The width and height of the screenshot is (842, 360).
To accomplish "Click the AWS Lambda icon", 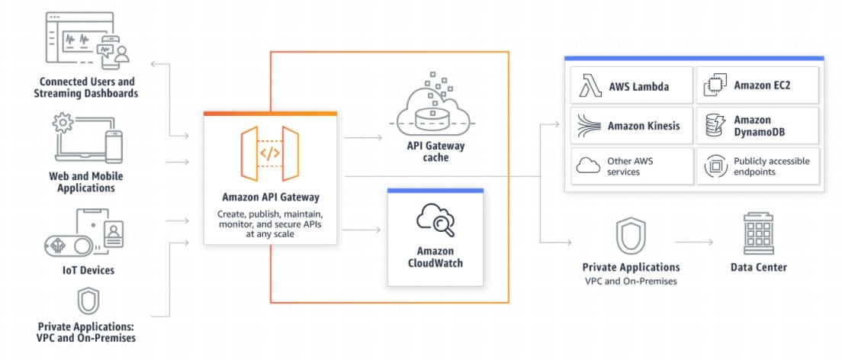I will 589,85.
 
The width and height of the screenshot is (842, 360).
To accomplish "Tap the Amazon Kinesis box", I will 628,125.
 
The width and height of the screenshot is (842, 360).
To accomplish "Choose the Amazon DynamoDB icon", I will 714,125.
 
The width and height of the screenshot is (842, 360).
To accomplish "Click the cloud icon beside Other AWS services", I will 589,166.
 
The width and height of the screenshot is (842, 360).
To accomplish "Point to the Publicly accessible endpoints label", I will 771,166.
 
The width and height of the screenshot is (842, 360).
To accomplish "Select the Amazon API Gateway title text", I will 270,196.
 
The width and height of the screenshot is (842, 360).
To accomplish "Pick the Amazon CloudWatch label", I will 435,257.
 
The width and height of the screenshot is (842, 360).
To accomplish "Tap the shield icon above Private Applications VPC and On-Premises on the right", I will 631,236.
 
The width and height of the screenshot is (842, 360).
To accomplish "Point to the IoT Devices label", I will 89,270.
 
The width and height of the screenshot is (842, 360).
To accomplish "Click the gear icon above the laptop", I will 63,123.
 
